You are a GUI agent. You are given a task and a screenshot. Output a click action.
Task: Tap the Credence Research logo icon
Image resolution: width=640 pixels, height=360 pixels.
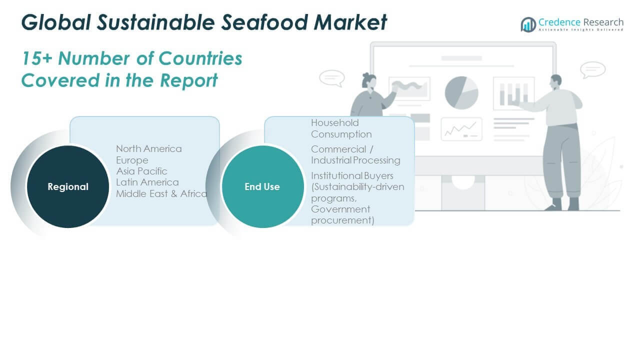(x=528, y=24)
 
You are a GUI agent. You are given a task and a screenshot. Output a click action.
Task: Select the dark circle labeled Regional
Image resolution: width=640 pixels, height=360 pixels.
(x=68, y=186)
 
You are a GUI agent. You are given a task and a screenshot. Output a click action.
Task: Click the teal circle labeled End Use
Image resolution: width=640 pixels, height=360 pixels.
(x=262, y=186)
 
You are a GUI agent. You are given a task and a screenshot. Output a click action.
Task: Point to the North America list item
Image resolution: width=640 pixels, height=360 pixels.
(x=149, y=148)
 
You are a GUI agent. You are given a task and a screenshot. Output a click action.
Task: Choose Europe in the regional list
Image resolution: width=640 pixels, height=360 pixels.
(x=132, y=160)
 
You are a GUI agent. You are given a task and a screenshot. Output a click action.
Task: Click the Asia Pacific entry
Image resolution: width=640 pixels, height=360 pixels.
(x=141, y=171)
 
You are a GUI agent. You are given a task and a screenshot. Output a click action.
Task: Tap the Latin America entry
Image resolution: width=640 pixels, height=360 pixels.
(x=147, y=182)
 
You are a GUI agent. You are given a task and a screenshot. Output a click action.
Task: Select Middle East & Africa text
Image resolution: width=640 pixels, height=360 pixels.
(x=161, y=193)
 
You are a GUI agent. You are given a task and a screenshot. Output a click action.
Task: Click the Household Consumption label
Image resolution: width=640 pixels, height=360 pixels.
(x=341, y=128)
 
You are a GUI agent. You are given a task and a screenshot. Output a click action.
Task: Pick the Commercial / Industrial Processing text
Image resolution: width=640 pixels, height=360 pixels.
(x=355, y=154)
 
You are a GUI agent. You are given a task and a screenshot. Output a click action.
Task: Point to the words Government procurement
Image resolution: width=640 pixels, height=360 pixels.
(x=342, y=214)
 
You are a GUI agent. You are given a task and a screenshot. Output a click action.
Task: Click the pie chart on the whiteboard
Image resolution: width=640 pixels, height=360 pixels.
(x=461, y=92)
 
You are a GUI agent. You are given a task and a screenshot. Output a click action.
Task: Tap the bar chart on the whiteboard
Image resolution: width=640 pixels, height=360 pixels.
(x=513, y=93)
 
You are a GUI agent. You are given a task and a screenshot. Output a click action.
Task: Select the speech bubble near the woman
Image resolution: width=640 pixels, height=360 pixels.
(x=331, y=78)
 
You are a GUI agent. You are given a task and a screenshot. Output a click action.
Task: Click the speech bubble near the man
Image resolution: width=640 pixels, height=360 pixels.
(x=593, y=69)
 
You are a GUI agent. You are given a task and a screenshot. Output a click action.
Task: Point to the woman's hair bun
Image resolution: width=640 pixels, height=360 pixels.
(x=366, y=76)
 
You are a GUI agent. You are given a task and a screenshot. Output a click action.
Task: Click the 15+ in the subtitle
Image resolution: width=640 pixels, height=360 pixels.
(x=37, y=58)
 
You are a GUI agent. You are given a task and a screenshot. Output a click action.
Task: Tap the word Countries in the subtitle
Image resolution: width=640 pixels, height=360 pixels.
(x=200, y=58)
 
